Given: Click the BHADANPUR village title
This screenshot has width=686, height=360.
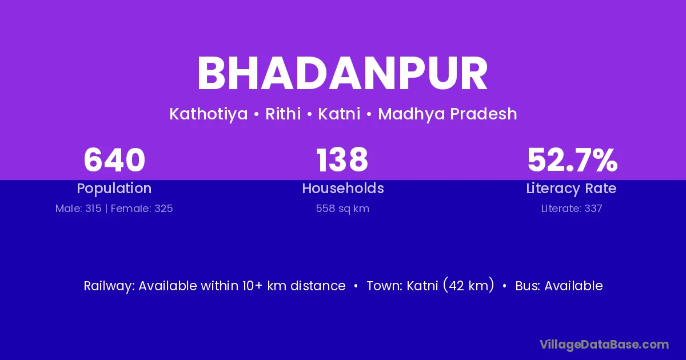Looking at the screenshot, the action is (342, 73).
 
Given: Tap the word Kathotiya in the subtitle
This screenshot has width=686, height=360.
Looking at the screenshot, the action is (208, 114).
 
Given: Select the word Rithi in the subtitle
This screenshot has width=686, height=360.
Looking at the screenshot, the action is (283, 114).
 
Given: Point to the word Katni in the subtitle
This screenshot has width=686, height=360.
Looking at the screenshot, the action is (339, 114).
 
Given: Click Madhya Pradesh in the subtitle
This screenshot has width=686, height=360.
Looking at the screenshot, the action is (448, 114).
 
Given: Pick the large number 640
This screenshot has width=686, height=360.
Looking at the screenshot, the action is (114, 160).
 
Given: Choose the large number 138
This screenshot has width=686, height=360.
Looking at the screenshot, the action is (342, 160).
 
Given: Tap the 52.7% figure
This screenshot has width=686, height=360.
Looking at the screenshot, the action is (572, 160).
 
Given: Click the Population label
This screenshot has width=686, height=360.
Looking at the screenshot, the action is (114, 189).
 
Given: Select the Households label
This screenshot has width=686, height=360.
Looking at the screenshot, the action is (343, 188).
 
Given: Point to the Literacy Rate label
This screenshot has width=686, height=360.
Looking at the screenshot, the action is (571, 189).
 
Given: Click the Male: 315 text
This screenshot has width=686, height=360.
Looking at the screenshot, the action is (78, 209).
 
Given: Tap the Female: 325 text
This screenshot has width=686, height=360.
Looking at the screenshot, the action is (142, 209).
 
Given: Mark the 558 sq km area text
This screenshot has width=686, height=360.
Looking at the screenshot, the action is (342, 209).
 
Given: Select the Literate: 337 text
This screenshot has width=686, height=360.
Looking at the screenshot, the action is (572, 209).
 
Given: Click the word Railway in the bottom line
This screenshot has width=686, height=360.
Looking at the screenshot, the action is (109, 286).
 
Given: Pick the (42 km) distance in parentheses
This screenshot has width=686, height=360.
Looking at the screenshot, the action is (468, 285).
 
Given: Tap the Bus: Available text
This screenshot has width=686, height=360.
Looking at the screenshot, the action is (559, 286).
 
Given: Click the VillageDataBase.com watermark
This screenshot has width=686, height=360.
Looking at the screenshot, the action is (604, 345).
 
